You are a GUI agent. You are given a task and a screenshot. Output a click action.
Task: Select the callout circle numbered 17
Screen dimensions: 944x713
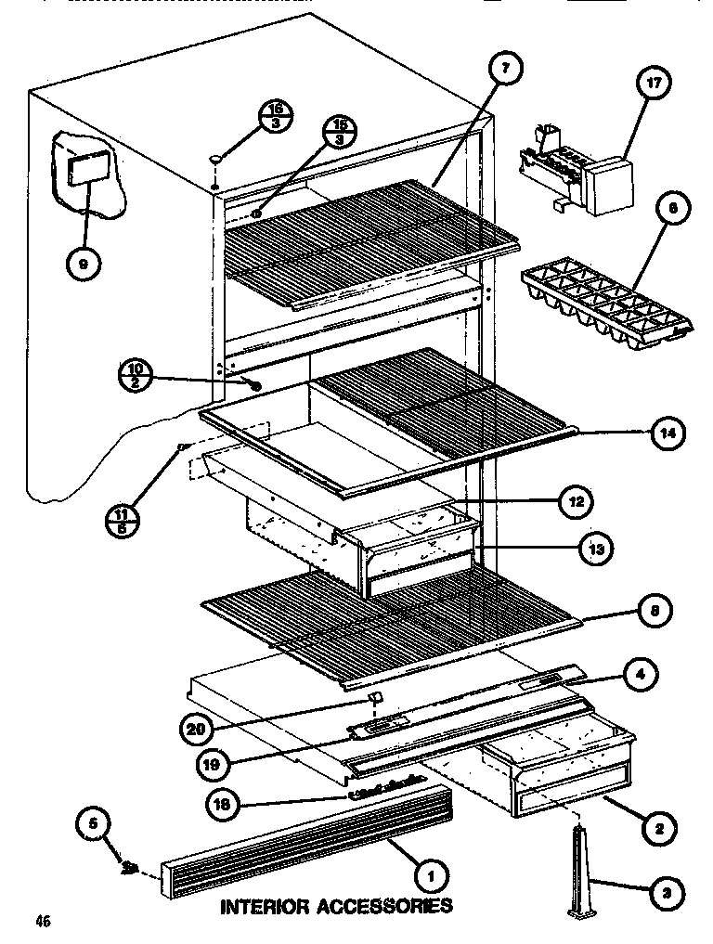(654, 84)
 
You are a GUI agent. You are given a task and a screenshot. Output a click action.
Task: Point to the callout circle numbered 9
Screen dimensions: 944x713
(83, 265)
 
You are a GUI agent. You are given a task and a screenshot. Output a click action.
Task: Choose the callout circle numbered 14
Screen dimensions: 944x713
(668, 432)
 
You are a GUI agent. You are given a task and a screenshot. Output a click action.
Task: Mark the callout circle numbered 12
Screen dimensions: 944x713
(576, 501)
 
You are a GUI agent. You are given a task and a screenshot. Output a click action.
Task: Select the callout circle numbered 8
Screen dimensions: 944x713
(655, 613)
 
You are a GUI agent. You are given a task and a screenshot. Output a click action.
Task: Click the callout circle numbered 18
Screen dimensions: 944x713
(219, 805)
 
